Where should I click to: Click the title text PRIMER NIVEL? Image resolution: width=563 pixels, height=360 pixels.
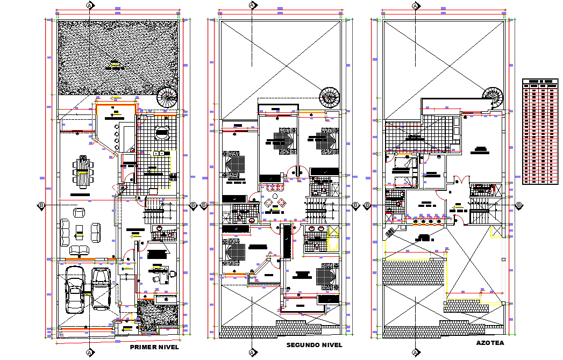155,348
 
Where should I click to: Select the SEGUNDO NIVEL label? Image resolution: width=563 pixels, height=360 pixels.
313,344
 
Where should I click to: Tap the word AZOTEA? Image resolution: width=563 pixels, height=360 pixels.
490,342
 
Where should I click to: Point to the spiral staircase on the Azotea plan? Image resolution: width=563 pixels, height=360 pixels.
492,97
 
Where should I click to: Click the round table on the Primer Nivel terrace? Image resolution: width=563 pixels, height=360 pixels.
161,132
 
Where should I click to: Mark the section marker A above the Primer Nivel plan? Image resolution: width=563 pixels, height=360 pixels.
89,5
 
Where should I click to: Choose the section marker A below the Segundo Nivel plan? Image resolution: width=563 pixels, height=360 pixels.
252,352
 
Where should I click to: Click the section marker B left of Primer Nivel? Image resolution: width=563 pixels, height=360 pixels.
41,205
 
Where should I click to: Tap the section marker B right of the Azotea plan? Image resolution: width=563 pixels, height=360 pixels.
519,205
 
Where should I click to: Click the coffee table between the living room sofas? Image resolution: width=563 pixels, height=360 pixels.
79,232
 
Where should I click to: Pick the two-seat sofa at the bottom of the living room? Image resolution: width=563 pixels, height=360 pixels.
81,249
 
